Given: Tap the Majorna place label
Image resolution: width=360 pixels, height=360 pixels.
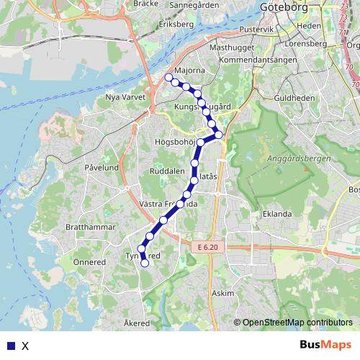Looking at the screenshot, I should tap(189, 71).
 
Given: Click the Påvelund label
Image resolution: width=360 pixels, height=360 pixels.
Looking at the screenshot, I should tap(102, 166).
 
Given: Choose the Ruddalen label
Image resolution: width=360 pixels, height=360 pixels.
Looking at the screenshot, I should tap(167, 173).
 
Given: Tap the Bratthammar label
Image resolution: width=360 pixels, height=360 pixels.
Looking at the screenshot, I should tap(90, 226).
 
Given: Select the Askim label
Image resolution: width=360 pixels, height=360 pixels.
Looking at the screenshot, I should tap(224, 294).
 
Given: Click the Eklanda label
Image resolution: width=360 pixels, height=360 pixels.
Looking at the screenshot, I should tap(277, 214).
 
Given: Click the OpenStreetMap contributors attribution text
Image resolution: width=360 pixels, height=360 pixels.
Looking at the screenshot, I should tap(297, 323).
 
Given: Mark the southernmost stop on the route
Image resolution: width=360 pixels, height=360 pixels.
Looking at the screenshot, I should tap(145, 264).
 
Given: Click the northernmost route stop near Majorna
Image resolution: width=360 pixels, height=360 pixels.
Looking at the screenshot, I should tap(168, 77).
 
